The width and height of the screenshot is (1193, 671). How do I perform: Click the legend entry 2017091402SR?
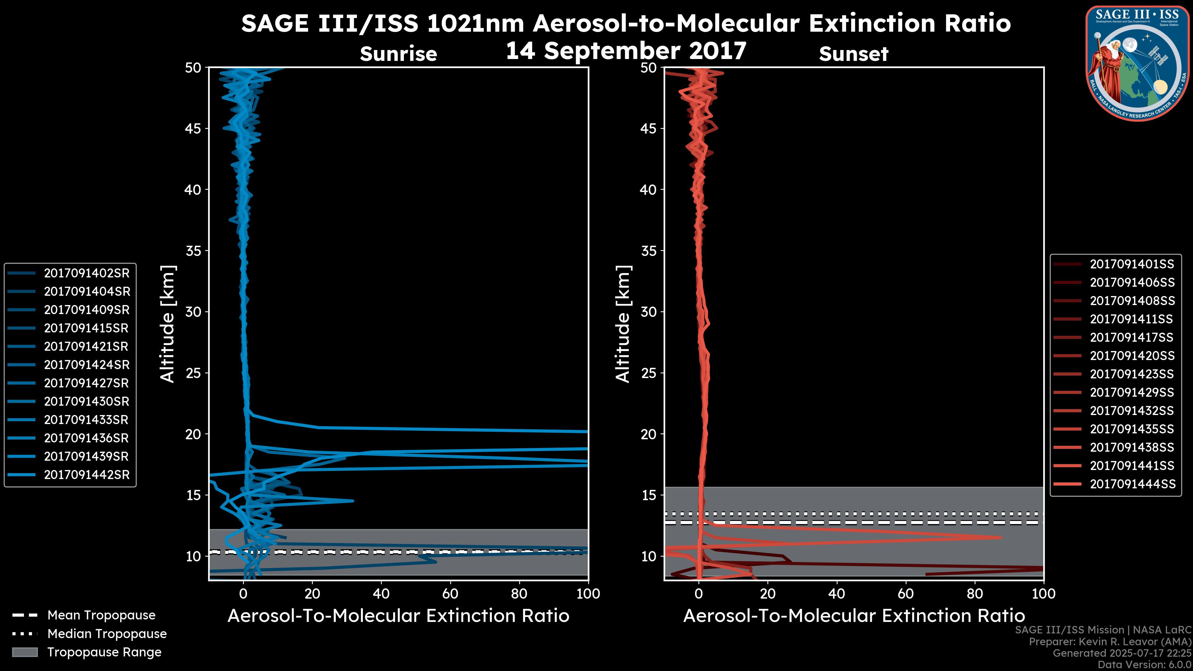pos(87,273)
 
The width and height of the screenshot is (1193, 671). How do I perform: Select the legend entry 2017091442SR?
pos(87,475)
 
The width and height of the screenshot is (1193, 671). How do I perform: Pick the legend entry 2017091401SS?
pos(1132,264)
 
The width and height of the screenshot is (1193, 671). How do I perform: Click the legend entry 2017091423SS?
pos(1132,374)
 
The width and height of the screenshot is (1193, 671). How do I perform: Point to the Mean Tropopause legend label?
pos(101,615)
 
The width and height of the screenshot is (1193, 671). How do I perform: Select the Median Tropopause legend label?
pos(107,633)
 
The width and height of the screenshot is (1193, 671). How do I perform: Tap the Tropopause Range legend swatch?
pos(25,652)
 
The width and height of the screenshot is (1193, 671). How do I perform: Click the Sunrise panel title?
pos(398,54)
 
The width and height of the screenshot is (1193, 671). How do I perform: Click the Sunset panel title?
pos(853,54)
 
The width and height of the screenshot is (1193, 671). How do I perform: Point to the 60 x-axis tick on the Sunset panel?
pos(905,594)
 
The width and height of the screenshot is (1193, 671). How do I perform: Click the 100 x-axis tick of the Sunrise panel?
pos(588,594)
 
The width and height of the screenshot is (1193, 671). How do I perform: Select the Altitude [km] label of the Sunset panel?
pos(623,324)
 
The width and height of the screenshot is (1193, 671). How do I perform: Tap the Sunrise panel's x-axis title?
pos(398,616)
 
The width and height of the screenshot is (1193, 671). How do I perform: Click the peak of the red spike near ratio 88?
pos(1001,537)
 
